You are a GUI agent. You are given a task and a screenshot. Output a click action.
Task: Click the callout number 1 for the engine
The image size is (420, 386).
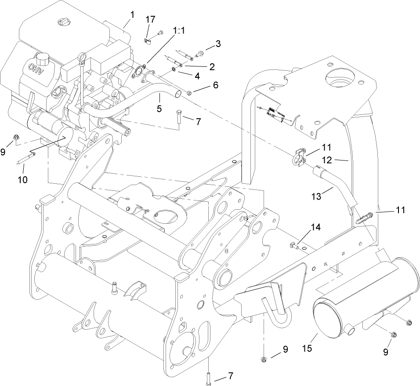click(131, 15)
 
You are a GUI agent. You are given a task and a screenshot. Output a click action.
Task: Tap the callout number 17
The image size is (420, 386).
click(218, 44)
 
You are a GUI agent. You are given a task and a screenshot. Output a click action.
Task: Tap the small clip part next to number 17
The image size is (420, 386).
click(148, 40)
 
